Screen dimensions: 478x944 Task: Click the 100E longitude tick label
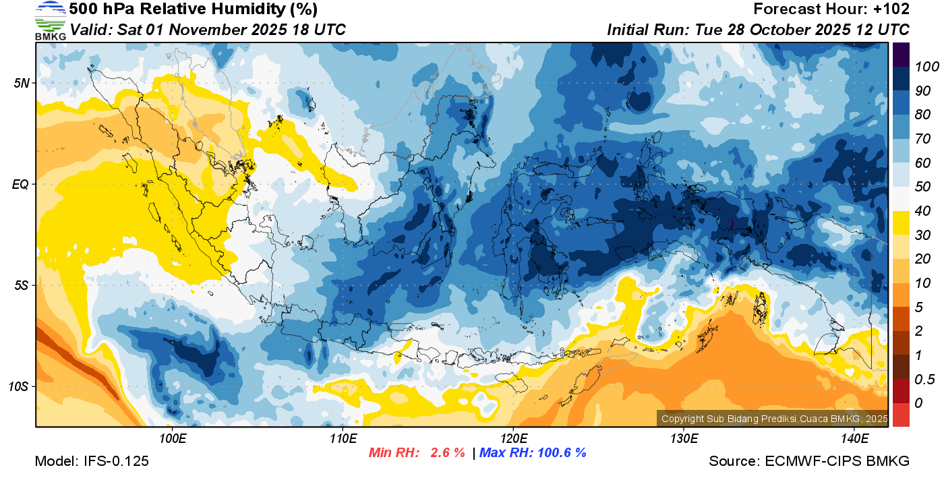click(x=172, y=439)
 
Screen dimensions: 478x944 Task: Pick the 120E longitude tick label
click(x=513, y=439)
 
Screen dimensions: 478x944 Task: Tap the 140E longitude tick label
click(x=854, y=439)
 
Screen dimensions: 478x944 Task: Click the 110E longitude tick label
click(x=343, y=439)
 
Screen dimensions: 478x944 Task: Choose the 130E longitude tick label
click(x=684, y=439)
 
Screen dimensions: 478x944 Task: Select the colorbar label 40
click(x=922, y=211)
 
